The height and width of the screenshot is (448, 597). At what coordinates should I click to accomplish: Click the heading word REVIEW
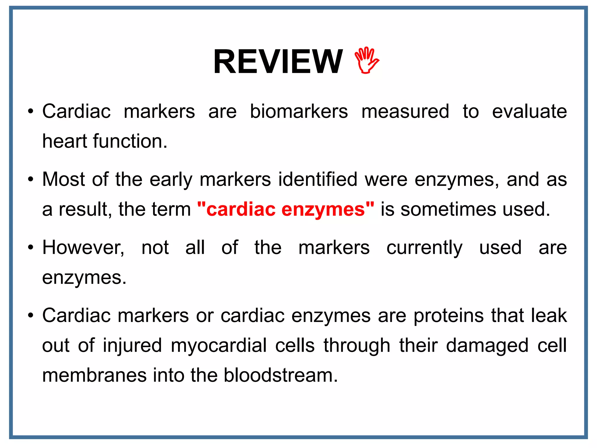pyautogui.click(x=278, y=62)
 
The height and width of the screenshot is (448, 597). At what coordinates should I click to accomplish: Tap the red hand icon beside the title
pyautogui.click(x=367, y=60)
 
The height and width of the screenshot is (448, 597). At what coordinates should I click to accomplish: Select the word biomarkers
pyautogui.click(x=299, y=111)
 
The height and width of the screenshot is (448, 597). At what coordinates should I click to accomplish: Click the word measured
pyautogui.click(x=405, y=111)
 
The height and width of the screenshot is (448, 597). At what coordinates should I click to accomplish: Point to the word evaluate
pyautogui.click(x=529, y=111)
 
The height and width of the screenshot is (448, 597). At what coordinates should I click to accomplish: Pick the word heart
pyautogui.click(x=65, y=141)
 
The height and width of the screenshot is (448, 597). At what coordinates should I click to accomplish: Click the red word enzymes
pyautogui.click(x=324, y=209)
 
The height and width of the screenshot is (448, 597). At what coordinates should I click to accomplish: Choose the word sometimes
pyautogui.click(x=448, y=209)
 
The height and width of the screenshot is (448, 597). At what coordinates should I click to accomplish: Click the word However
pyautogui.click(x=83, y=248)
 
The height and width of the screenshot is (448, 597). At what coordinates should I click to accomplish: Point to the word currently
pyautogui.click(x=424, y=248)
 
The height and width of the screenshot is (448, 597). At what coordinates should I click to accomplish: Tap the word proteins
pyautogui.click(x=449, y=316)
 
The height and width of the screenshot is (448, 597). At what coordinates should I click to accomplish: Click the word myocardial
pyautogui.click(x=219, y=346)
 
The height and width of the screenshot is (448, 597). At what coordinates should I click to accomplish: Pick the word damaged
pyautogui.click(x=487, y=346)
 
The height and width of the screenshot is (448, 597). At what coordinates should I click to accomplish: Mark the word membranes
pyautogui.click(x=94, y=375)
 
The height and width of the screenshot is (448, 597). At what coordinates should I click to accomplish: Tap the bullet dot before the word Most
pyautogui.click(x=31, y=180)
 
